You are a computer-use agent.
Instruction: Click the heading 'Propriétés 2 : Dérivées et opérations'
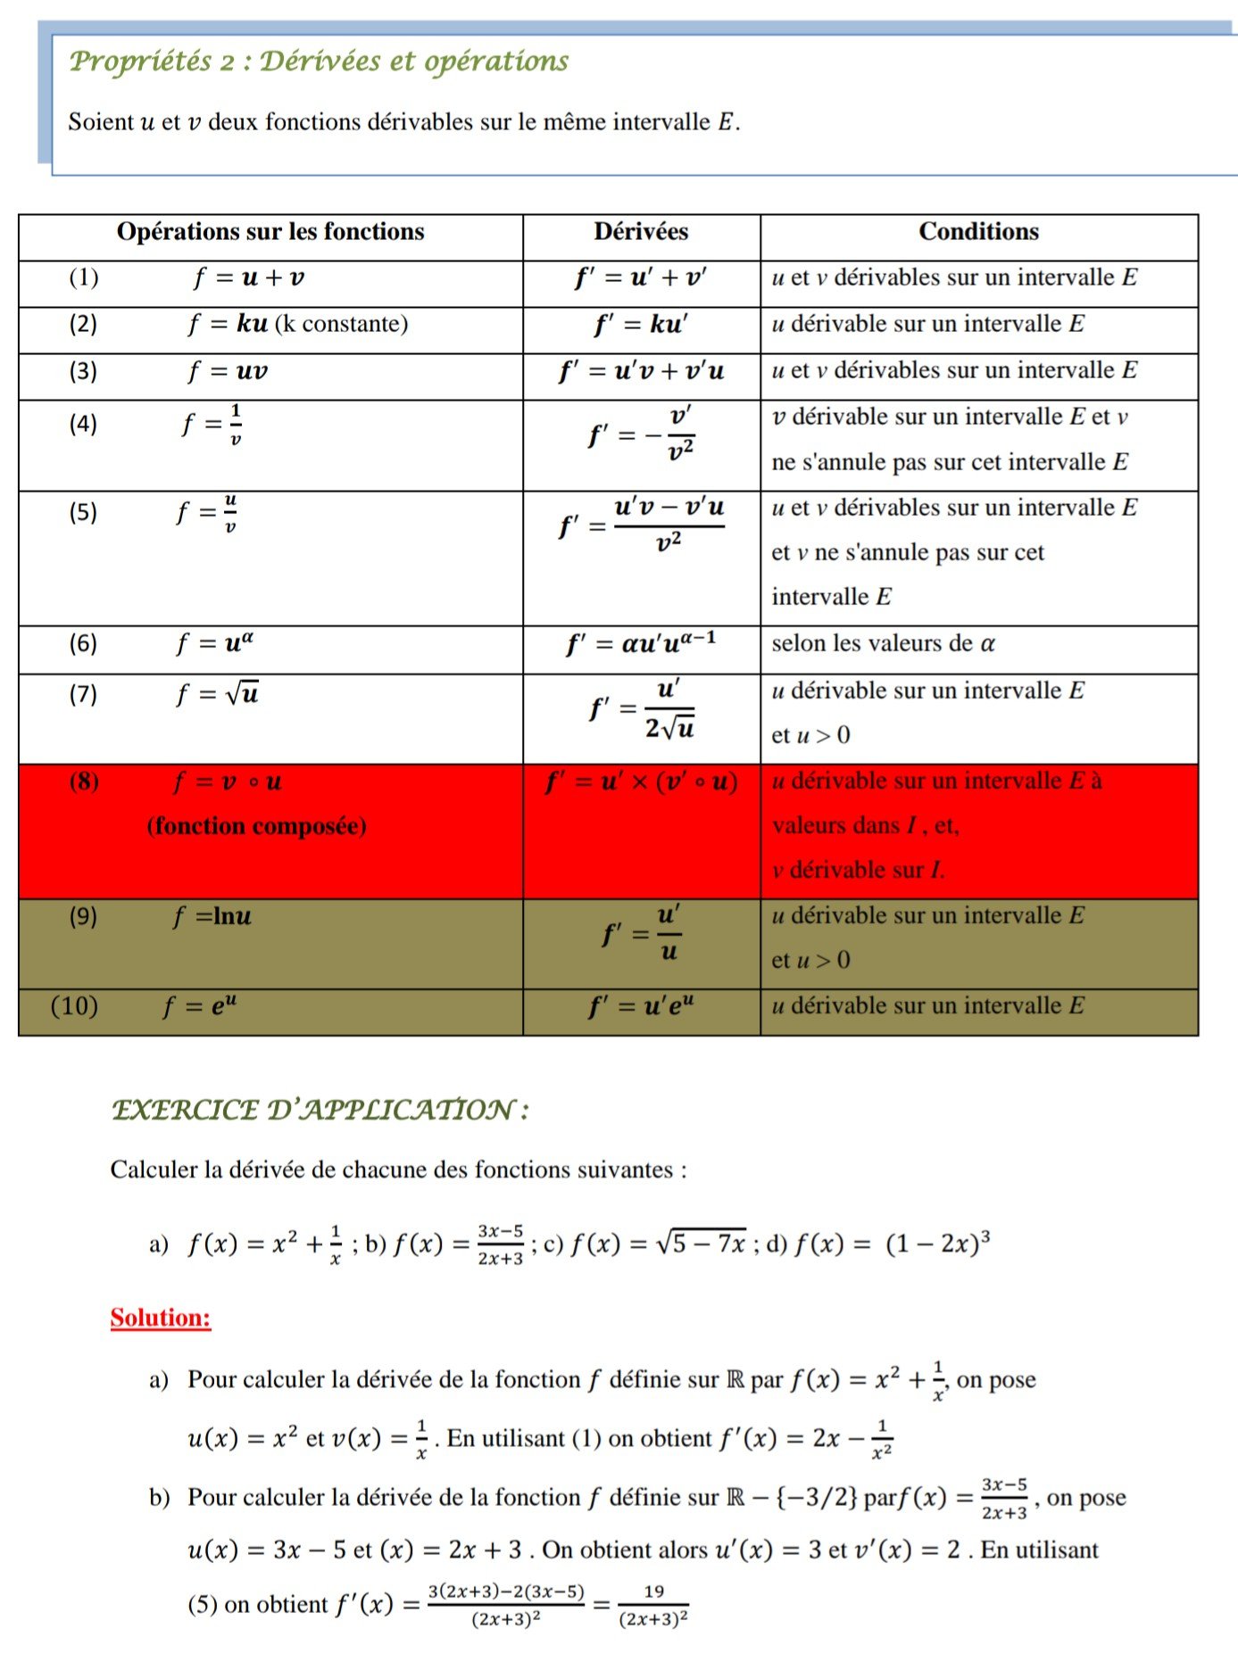click(319, 61)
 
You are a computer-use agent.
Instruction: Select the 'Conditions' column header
click(978, 232)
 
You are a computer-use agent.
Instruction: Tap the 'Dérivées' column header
click(641, 232)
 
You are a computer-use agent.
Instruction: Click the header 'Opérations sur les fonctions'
click(270, 232)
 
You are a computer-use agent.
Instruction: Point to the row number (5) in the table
click(83, 512)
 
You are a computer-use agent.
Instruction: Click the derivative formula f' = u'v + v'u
click(641, 371)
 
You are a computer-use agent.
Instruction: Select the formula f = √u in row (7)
click(218, 694)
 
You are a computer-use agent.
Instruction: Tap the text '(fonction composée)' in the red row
click(256, 826)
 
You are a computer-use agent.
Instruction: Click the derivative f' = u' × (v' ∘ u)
click(641, 782)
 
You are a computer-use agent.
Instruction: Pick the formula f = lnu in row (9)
click(212, 916)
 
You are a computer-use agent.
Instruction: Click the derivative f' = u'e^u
click(641, 1006)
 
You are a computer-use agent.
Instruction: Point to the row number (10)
click(74, 1006)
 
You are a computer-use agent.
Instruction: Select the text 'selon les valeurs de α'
click(883, 643)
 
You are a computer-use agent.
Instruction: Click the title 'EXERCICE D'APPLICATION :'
click(320, 1111)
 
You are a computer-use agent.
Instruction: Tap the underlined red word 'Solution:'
click(161, 1318)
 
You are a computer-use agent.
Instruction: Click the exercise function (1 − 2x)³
click(937, 1243)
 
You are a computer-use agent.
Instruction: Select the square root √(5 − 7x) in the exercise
click(702, 1243)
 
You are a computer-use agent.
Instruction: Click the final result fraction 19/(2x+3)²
click(653, 1606)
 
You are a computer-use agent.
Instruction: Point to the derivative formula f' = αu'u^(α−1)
click(641, 643)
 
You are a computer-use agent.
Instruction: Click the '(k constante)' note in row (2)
click(341, 324)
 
